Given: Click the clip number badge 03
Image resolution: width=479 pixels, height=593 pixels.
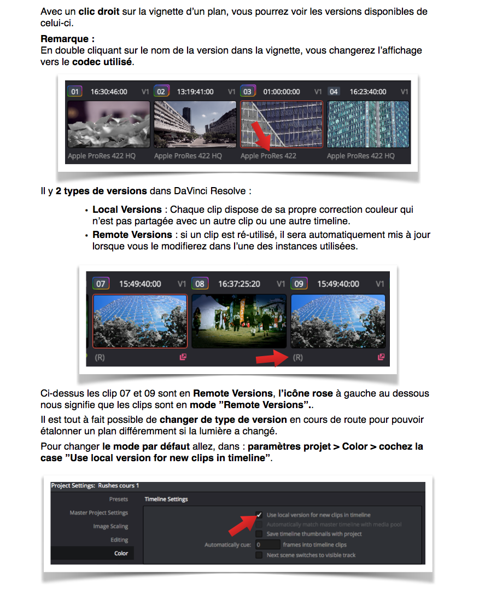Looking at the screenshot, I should [247, 91].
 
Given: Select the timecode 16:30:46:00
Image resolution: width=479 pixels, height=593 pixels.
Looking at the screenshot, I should [109, 91].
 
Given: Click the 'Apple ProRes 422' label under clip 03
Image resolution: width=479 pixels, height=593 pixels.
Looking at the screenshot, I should [268, 156].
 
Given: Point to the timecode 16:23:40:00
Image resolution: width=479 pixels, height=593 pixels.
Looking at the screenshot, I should [368, 91].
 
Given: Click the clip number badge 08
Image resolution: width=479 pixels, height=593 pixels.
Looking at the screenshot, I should [200, 284].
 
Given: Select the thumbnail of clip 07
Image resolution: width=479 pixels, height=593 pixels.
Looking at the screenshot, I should [140, 321].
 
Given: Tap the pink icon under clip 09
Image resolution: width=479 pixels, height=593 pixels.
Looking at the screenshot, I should [381, 357].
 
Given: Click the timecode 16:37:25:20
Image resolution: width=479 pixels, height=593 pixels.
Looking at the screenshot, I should [239, 284].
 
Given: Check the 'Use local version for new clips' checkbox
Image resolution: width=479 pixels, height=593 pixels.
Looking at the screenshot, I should [259, 515].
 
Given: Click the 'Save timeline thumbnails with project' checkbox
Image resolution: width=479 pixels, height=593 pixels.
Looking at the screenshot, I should [259, 534].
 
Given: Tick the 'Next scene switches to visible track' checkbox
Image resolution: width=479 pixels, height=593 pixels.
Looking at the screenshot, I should [259, 555].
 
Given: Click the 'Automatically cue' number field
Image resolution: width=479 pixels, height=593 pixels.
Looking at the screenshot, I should [267, 545].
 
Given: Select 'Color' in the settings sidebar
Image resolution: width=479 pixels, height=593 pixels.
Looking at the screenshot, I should [121, 553].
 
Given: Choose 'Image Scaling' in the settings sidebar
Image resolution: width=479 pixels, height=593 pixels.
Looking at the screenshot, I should [110, 526].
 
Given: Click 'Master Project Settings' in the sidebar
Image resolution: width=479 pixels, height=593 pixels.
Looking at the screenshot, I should [98, 513].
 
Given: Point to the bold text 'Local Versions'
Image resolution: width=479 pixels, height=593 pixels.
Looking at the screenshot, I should [127, 210].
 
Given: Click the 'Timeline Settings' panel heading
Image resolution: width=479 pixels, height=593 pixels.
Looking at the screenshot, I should [166, 499].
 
